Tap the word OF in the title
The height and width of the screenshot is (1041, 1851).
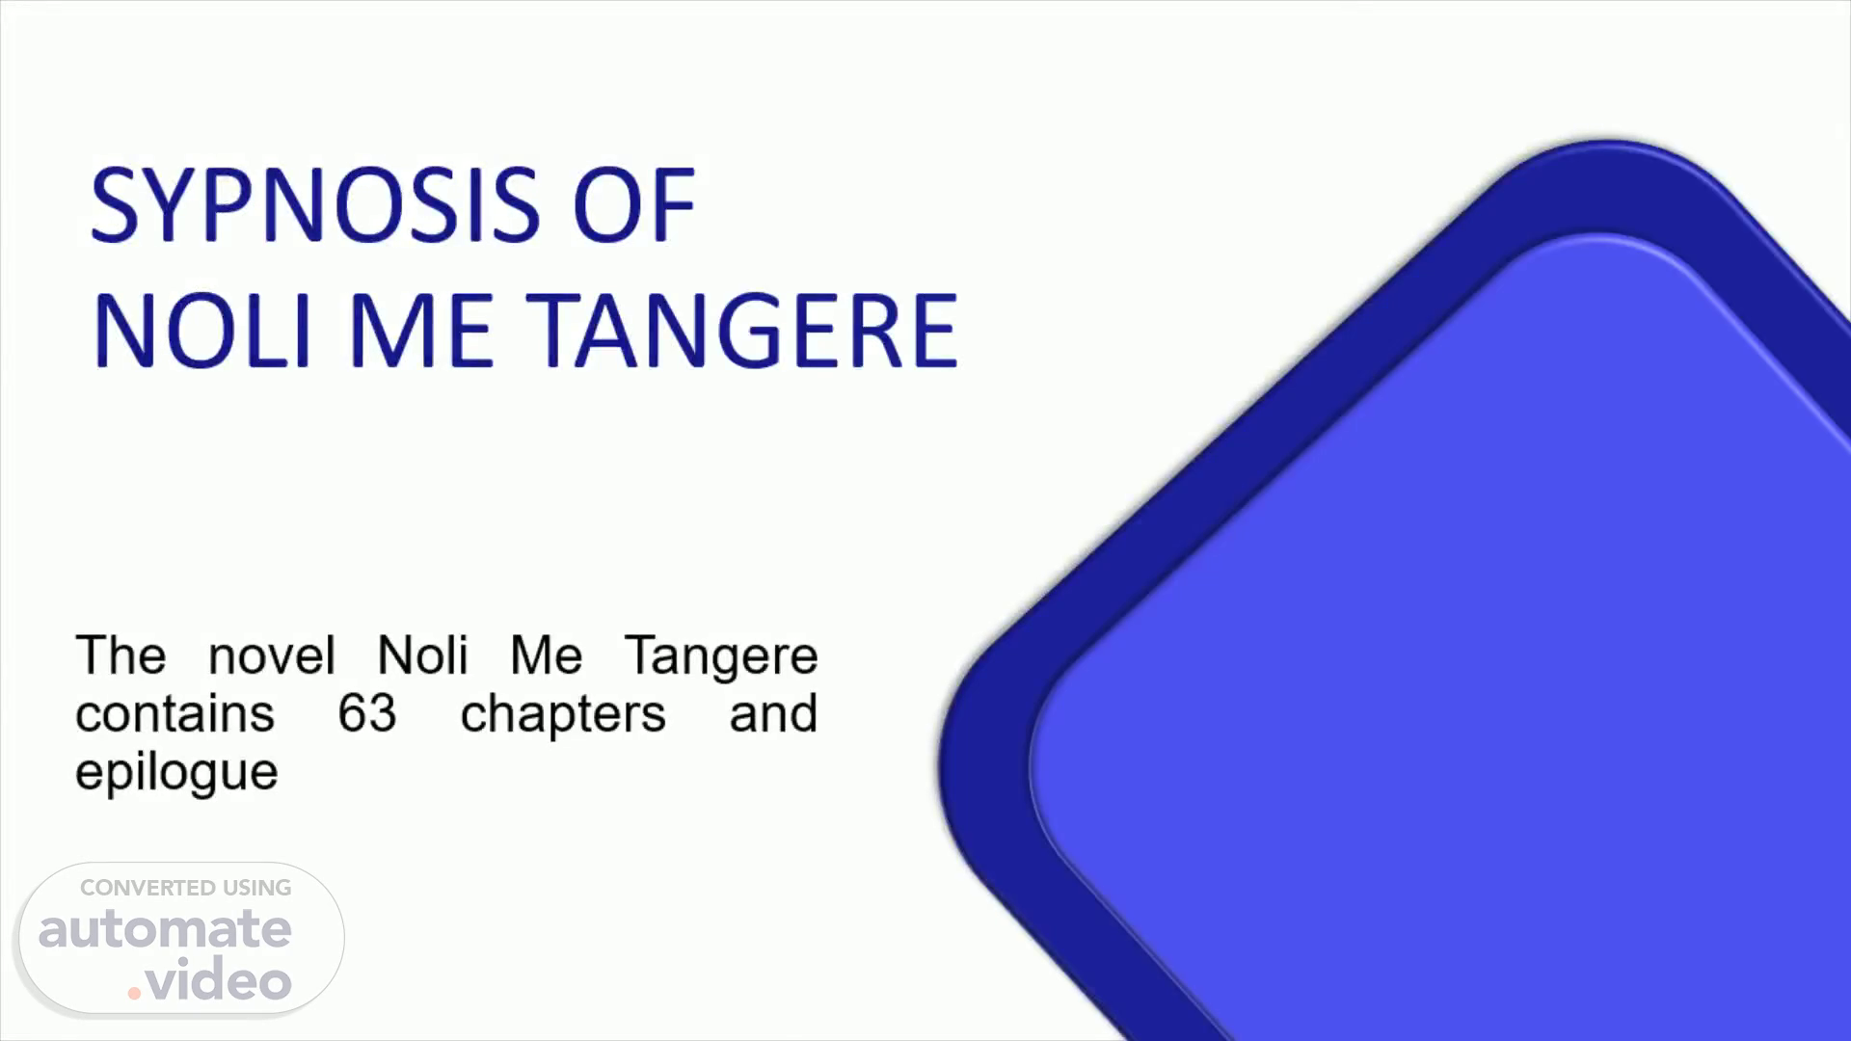point(633,204)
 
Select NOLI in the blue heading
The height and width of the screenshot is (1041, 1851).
point(203,331)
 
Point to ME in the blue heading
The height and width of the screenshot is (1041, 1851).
point(421,331)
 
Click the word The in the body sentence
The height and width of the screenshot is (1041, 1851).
point(121,655)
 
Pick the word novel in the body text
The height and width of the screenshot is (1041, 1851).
point(272,655)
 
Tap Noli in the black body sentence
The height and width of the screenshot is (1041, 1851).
point(422,655)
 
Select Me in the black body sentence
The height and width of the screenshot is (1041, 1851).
point(546,655)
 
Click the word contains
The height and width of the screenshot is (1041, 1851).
point(175,714)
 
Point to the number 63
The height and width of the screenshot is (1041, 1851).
point(367,714)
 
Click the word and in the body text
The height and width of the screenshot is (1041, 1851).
point(773,714)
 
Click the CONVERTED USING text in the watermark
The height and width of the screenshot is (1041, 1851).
point(186,888)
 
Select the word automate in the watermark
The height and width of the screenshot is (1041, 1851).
point(165,929)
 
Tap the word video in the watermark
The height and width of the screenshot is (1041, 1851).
point(219,979)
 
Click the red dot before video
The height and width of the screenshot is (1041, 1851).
point(134,993)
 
